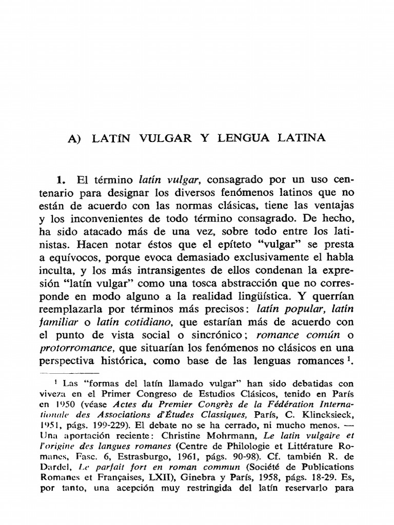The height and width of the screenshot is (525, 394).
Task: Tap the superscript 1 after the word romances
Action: coord(348,358)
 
